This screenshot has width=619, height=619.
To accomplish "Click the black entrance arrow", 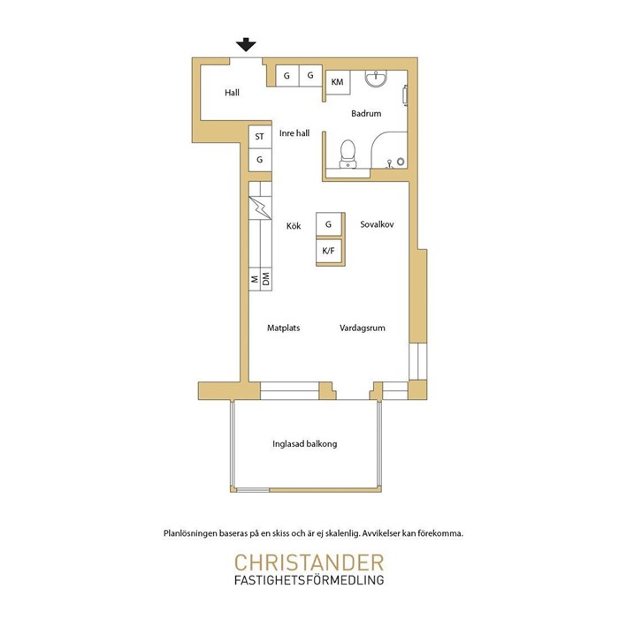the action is pos(246,44).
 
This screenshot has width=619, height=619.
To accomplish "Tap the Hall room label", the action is pos(232,93).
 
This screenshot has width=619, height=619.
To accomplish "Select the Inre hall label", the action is pos(294,133).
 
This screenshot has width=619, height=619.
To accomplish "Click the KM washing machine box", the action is pos(338,82).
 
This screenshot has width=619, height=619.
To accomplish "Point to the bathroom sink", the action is pos(376,79).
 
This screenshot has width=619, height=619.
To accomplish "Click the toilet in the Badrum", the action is pos(348,154).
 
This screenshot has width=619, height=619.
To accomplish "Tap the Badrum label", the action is pos(366,114).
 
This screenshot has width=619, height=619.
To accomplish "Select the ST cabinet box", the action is pos(260,137).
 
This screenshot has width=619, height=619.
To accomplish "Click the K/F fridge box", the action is pos(329,251).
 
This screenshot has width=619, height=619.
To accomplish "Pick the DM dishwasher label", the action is pos(266,279).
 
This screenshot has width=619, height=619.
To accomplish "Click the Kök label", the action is pos(294,226).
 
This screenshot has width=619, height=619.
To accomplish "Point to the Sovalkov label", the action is pos(377,224).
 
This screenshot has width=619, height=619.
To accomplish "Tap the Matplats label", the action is pos(283,328).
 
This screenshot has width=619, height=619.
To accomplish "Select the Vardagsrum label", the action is pos(362,328).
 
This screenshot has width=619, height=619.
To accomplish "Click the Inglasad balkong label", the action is pos(305,444).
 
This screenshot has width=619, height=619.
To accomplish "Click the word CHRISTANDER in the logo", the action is pos(309,562).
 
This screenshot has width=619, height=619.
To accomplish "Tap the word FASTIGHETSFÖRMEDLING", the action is pos(309,580).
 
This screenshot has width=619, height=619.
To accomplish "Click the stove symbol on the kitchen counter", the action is pos(260,208).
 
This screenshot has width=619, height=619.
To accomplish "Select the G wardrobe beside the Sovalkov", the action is pos(329,224).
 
